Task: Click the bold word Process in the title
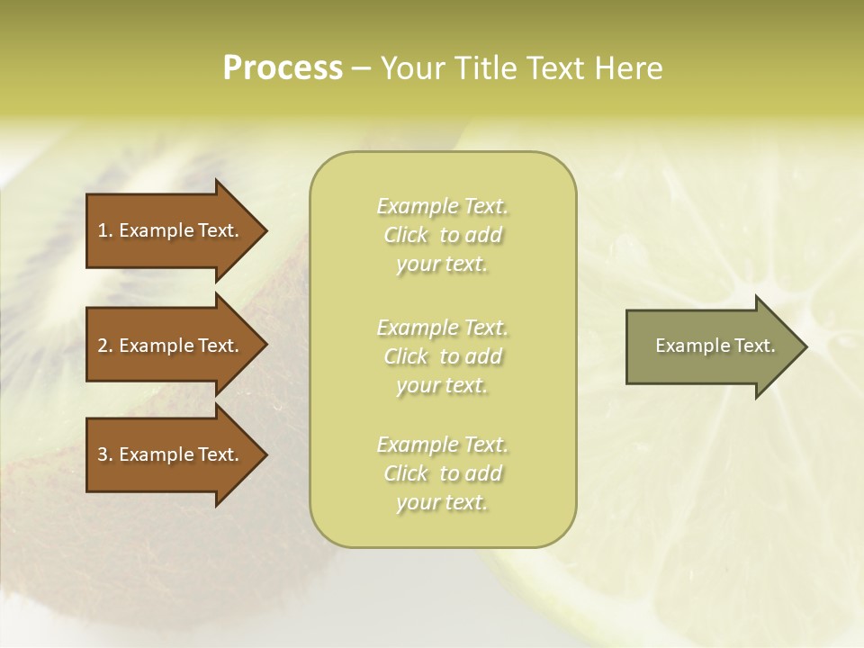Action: pos(283,68)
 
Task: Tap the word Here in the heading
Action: pos(628,68)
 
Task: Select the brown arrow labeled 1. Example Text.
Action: pos(171,230)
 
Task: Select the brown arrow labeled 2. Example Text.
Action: pos(171,346)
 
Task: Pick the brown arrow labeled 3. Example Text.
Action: pos(171,454)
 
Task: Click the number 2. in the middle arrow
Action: pos(105,346)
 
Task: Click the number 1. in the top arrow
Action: pos(105,230)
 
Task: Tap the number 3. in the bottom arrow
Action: pos(105,454)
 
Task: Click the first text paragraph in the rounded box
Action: pos(442,235)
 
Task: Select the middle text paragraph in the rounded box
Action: pos(442,355)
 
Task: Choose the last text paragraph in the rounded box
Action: pos(442,473)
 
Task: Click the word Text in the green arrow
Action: pos(754,346)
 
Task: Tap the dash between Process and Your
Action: pos(362,68)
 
